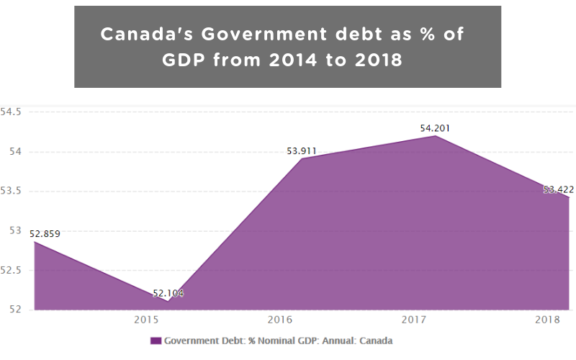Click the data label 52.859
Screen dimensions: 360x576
click(x=45, y=233)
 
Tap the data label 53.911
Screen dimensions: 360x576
click(x=302, y=151)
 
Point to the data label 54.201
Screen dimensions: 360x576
click(x=436, y=129)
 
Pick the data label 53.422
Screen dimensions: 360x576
click(x=559, y=190)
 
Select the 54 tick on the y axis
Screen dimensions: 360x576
click(x=17, y=152)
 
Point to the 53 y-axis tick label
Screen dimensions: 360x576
click(x=17, y=231)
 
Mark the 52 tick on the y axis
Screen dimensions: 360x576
click(x=17, y=310)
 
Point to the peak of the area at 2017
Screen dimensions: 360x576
click(x=436, y=135)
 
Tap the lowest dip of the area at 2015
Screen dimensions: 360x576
click(x=168, y=301)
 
